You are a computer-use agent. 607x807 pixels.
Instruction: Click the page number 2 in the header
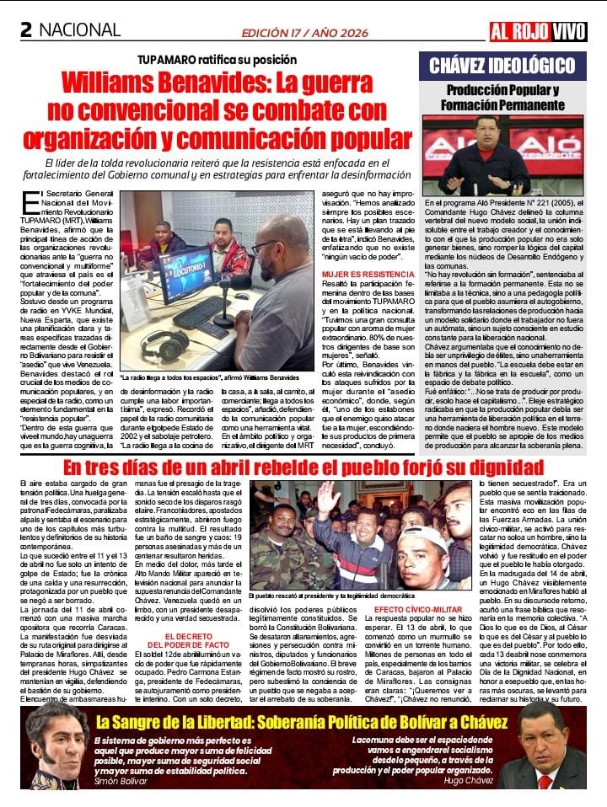coord(25,30)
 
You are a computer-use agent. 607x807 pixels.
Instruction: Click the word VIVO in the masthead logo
coord(569,32)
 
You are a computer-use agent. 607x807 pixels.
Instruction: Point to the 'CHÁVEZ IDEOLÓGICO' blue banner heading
coord(502,66)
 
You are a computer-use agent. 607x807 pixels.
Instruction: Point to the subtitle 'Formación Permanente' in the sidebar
coord(502,105)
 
